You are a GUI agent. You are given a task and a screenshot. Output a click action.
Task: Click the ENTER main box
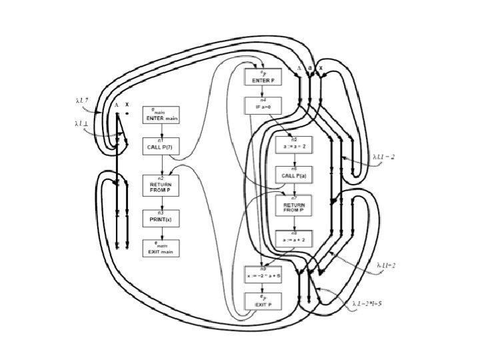click(x=161, y=117)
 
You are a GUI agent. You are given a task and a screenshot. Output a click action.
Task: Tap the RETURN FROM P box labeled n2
click(x=161, y=186)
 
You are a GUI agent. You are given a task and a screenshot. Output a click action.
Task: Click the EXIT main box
click(x=161, y=249)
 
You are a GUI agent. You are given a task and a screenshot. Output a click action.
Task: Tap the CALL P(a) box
click(x=294, y=175)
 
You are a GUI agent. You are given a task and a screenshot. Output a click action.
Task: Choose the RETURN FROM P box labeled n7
click(x=294, y=206)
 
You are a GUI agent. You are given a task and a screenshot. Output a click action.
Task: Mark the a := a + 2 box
click(x=294, y=239)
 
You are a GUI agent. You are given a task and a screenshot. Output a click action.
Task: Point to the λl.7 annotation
click(x=83, y=101)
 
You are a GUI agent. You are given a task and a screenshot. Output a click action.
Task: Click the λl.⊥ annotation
click(x=83, y=123)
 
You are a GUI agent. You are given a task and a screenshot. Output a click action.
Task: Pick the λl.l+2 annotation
click(x=385, y=265)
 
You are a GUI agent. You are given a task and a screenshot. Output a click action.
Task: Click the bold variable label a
click(x=310, y=68)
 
